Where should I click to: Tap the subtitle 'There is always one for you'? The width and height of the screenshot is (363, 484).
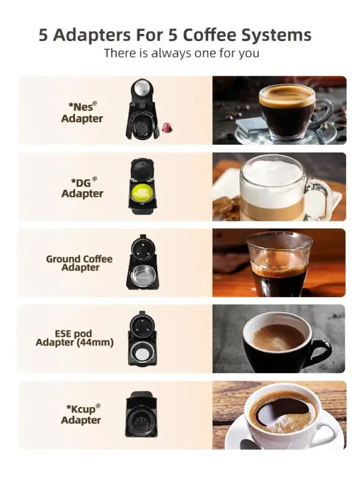coord(181,53)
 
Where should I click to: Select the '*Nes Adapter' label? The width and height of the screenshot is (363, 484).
coord(82,113)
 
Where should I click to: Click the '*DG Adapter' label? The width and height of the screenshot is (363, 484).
coord(82,188)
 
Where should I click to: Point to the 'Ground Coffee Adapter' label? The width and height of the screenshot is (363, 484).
coord(79,263)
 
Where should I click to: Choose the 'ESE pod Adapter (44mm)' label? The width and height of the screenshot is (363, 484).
coord(74,338)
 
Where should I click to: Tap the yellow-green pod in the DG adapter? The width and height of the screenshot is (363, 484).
coord(143,193)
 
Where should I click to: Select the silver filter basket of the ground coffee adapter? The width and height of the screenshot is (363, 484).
coord(142,273)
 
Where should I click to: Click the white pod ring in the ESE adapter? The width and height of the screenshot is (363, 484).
coord(142,355)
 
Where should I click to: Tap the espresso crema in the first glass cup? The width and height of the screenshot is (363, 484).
coord(286,96)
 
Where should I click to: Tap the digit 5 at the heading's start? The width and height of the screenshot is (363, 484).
coord(44,34)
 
